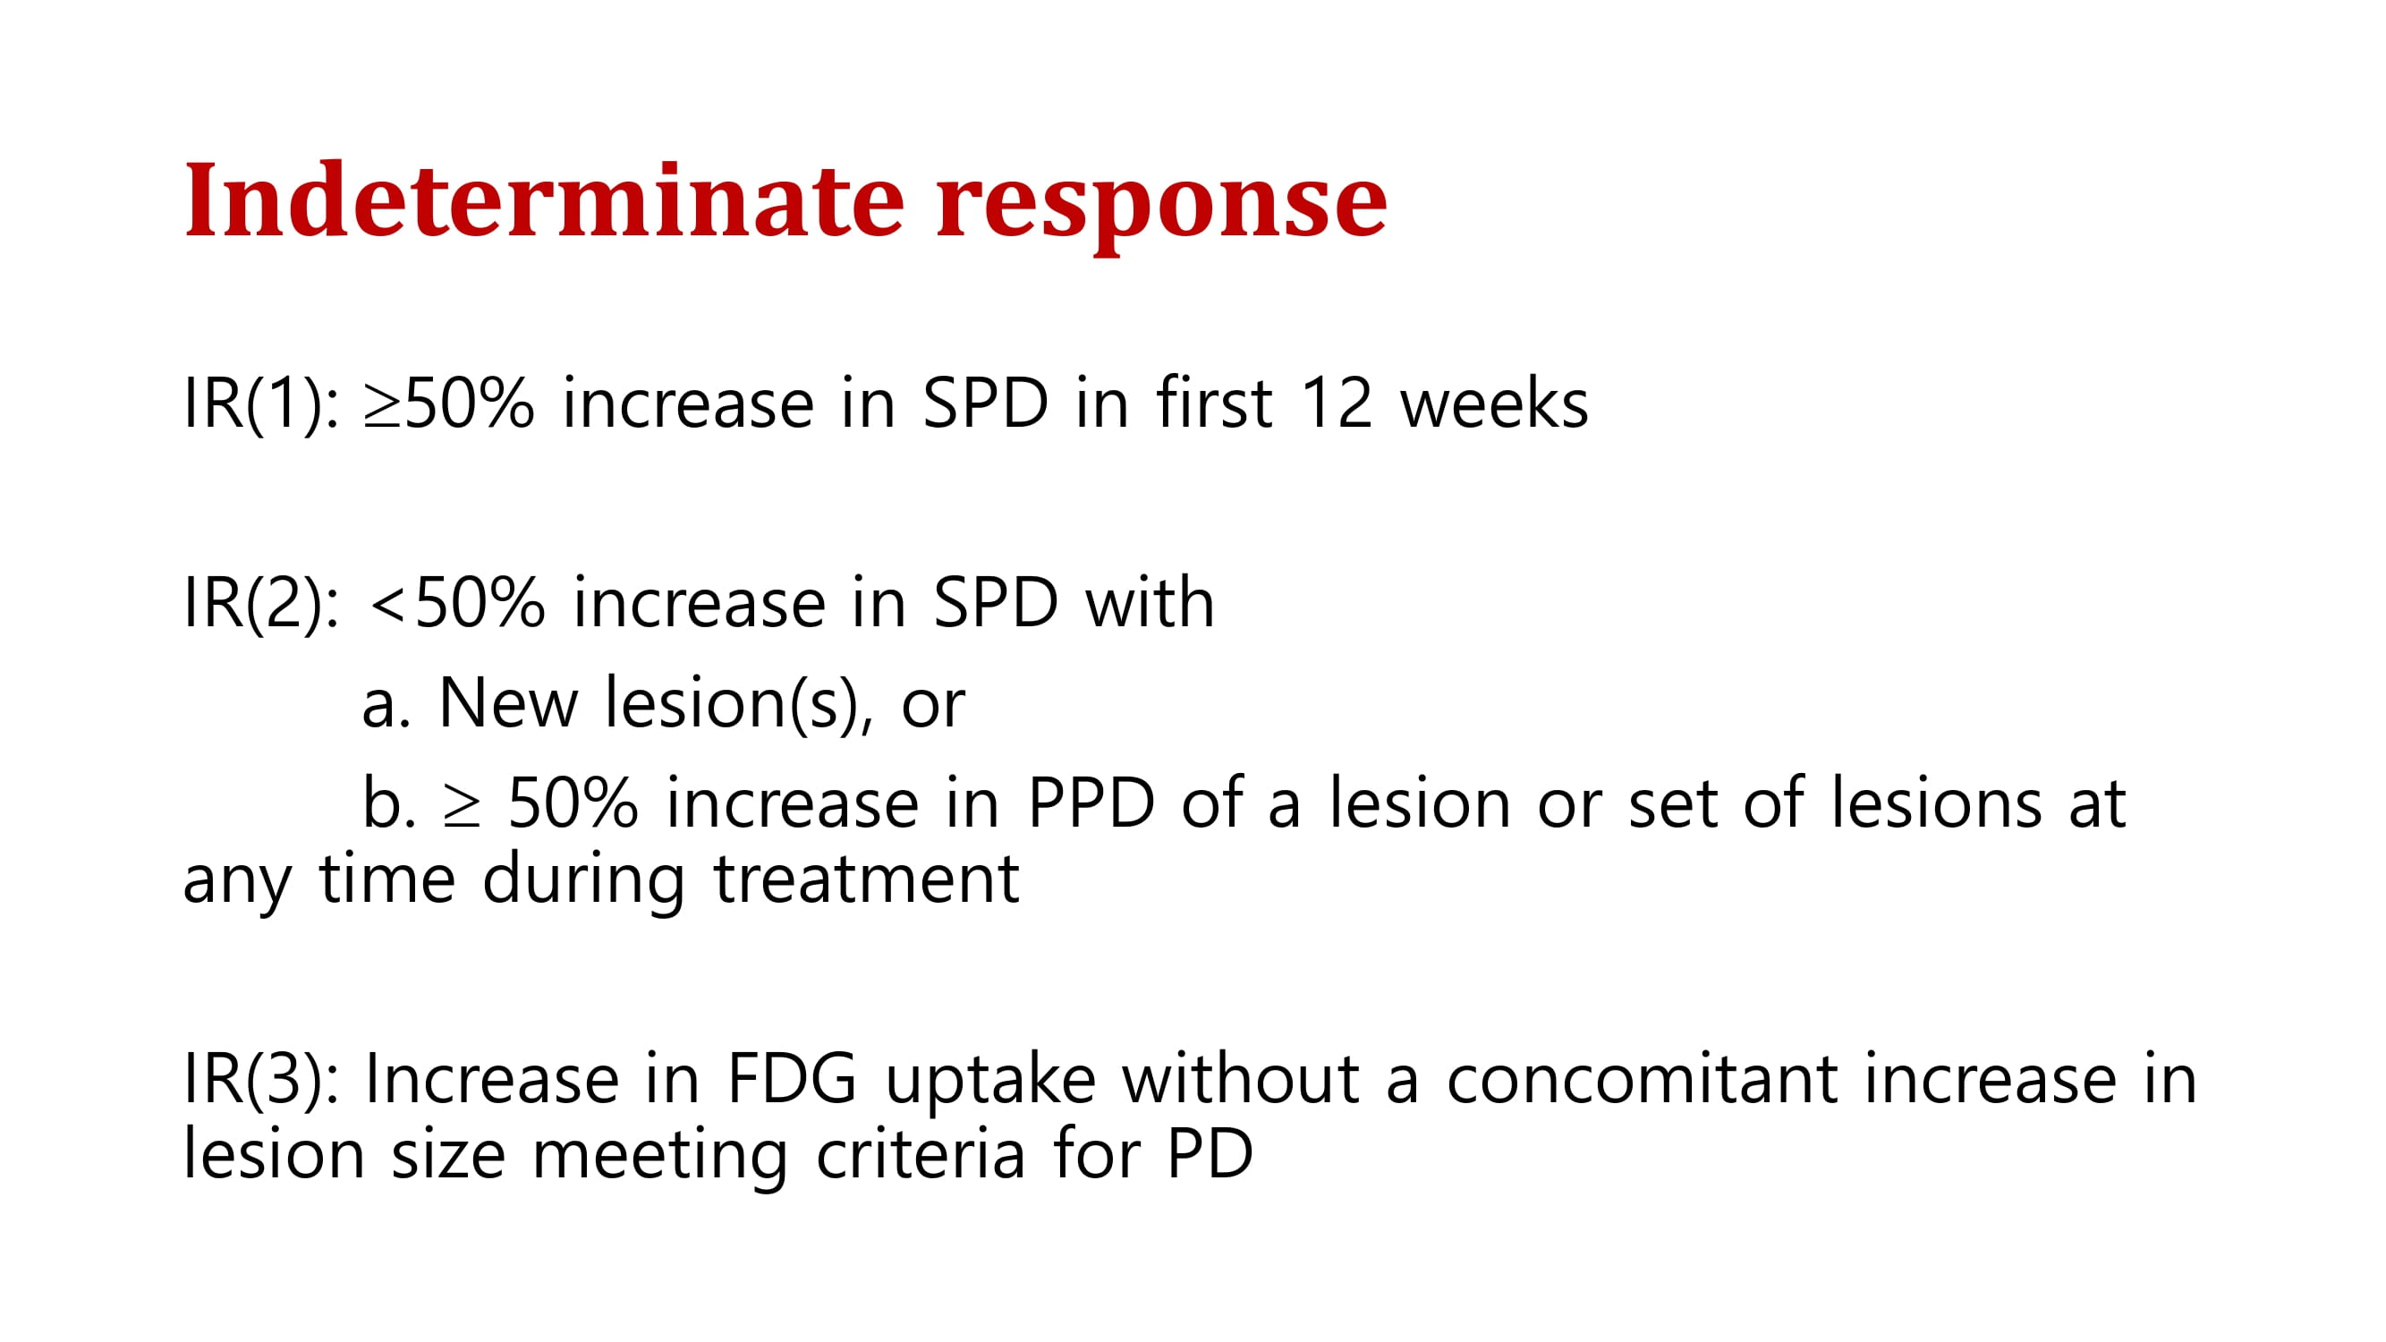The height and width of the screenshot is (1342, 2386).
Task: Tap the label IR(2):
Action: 262,604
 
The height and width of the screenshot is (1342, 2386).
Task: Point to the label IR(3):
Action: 262,1081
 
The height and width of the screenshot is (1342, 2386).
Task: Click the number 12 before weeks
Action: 1336,403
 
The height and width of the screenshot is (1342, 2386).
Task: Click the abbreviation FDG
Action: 792,1079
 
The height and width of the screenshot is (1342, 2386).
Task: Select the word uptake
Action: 990,1083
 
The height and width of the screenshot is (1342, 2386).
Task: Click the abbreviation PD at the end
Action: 1210,1154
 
